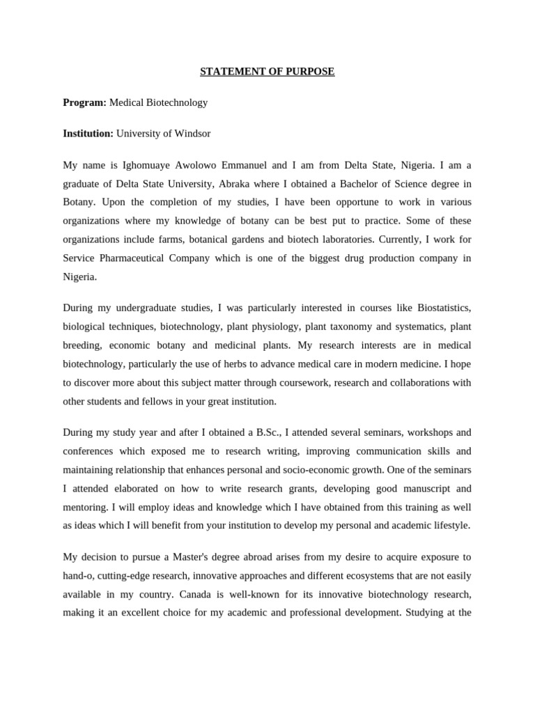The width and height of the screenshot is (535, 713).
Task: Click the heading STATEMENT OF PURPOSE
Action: [267, 72]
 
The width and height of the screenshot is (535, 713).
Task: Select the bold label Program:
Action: [84, 102]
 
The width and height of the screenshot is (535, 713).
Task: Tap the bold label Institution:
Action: [88, 133]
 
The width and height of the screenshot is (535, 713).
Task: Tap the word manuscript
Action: [407, 488]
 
